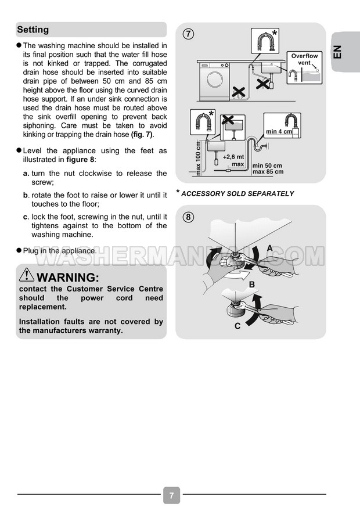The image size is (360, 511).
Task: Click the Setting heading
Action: (33, 30)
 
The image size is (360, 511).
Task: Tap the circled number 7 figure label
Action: (188, 33)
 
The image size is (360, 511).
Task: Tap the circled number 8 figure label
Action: (188, 217)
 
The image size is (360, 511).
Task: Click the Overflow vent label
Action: (304, 59)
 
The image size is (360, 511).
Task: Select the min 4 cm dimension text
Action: (279, 132)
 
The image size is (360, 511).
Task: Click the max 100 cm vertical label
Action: (198, 159)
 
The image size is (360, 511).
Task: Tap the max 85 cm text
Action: (268, 172)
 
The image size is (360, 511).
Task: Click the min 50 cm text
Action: (268, 165)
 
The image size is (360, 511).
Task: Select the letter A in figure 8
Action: (269, 248)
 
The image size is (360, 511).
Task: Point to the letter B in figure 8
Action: (252, 285)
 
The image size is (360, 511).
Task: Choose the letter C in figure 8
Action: (237, 326)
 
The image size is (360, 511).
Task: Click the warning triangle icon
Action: (27, 275)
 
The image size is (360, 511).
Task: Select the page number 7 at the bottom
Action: (171, 496)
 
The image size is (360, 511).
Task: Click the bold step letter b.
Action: (26, 195)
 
